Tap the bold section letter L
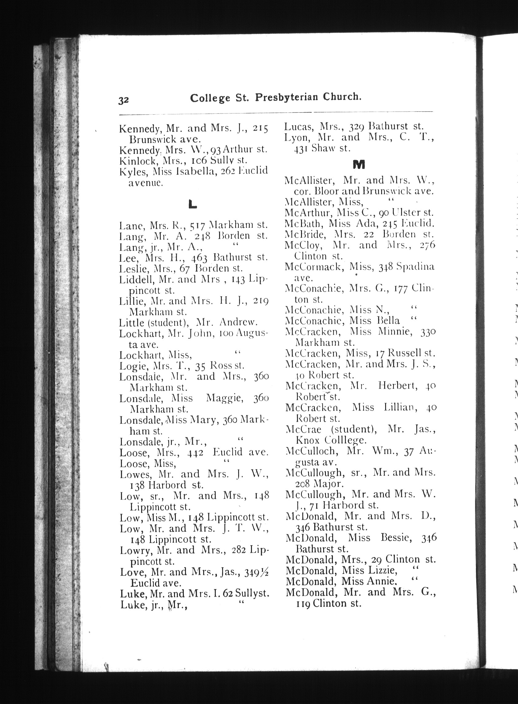click(x=192, y=205)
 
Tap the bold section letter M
click(x=359, y=164)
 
